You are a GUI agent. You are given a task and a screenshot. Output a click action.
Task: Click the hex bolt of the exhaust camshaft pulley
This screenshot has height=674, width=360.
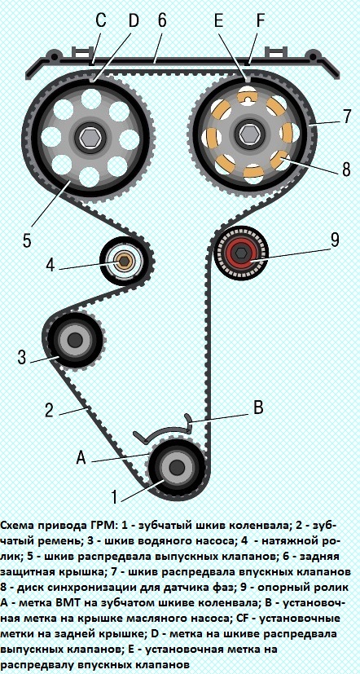[x=90, y=137]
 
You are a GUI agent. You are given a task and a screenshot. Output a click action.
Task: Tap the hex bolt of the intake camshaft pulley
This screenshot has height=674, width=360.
[x=248, y=134]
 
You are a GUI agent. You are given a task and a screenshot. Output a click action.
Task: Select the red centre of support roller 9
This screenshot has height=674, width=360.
[x=241, y=253]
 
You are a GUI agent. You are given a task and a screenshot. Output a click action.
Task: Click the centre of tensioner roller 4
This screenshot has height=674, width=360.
[x=125, y=260]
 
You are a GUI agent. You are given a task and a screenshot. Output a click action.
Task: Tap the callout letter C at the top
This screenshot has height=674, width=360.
[x=101, y=20]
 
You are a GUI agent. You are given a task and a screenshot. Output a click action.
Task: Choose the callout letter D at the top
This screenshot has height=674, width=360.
[x=134, y=20]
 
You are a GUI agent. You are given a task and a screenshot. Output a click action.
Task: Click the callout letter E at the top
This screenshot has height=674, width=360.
[x=219, y=20]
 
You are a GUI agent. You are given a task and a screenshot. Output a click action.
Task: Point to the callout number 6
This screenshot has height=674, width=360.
[x=161, y=20]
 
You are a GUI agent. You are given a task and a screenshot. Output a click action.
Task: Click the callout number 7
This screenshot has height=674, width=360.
[x=347, y=117]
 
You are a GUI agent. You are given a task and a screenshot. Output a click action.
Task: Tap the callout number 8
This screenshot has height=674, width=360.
[x=346, y=170]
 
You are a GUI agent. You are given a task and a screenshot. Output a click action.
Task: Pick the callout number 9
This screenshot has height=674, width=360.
[x=335, y=241]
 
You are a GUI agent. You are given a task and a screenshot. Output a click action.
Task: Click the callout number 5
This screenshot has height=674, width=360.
[x=27, y=240]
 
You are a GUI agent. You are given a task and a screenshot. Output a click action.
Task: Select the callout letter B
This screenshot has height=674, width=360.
[x=258, y=407]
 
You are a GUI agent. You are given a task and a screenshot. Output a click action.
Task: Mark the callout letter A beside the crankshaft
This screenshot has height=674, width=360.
[x=81, y=459]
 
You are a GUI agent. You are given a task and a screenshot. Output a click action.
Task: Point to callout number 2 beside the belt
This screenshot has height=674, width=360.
[x=49, y=410]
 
